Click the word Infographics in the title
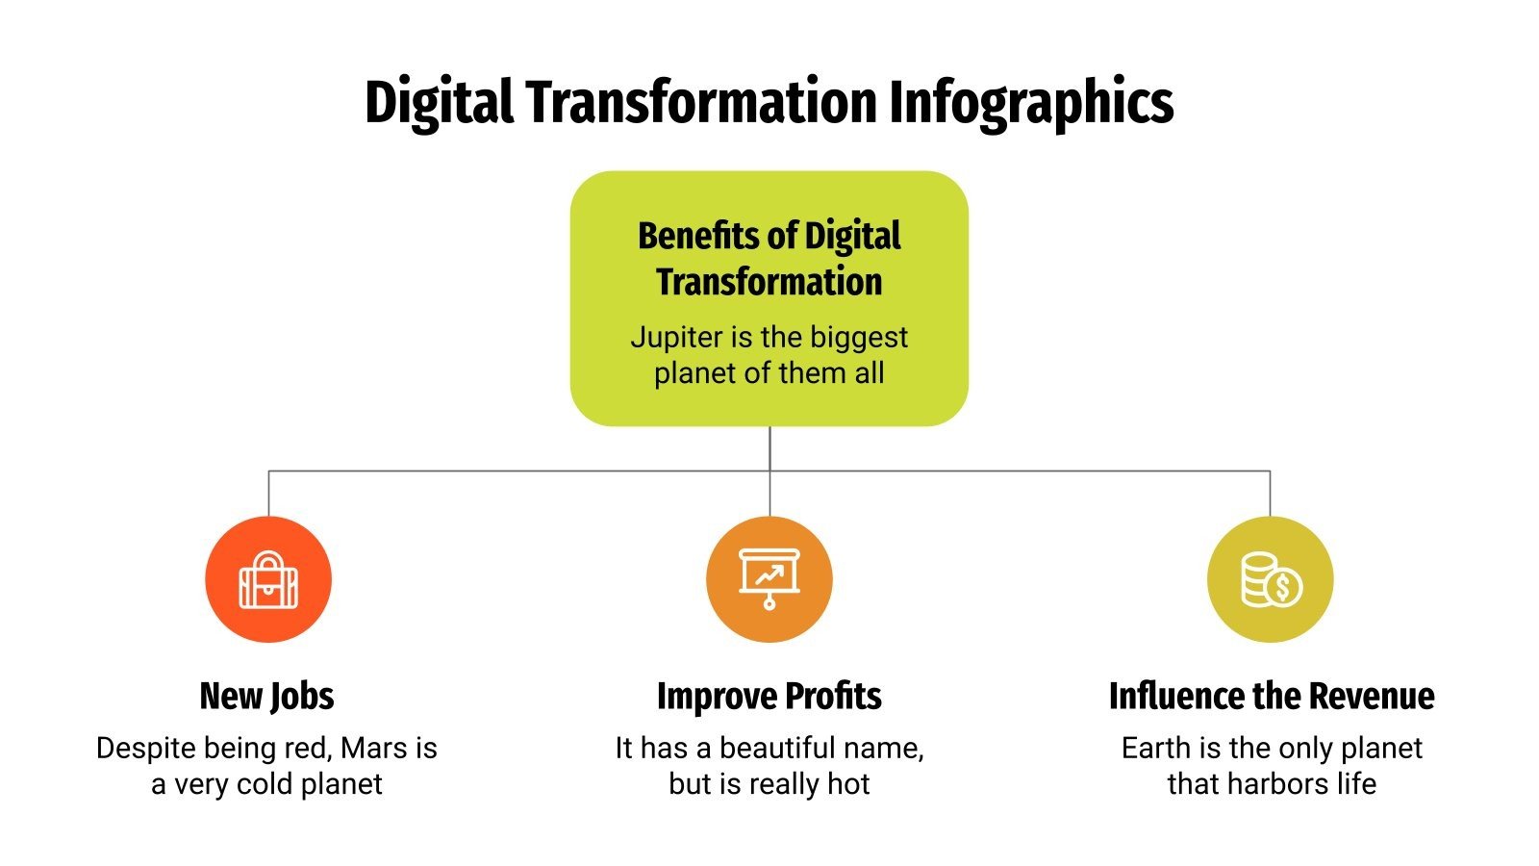tap(1030, 102)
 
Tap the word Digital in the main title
tap(439, 102)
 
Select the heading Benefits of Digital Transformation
tap(769, 259)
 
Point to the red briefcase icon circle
tap(268, 579)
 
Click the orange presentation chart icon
tap(769, 578)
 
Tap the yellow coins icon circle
tap(1270, 579)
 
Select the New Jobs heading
tap(266, 696)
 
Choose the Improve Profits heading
tap(769, 696)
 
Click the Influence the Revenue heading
tap(1271, 696)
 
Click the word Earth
tap(1156, 749)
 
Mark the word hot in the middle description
tap(847, 784)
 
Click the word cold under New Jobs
tap(264, 784)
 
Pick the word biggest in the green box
tap(859, 338)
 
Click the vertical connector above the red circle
tap(268, 493)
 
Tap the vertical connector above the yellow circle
tap(1270, 493)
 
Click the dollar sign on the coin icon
tap(1283, 587)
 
